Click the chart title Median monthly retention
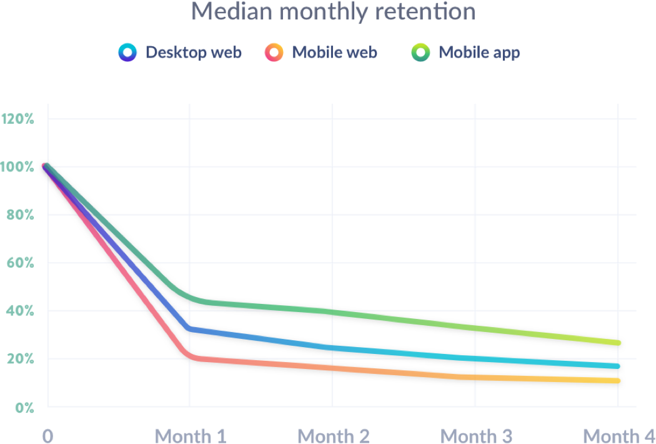(x=332, y=11)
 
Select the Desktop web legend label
(x=193, y=53)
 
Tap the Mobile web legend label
(x=334, y=53)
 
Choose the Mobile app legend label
(x=479, y=53)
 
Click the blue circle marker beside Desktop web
(x=127, y=53)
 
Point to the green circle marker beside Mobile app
(x=420, y=53)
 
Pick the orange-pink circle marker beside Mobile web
(x=274, y=53)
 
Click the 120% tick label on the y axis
(x=18, y=118)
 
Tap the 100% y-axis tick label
(x=18, y=166)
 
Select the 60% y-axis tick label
(x=19, y=263)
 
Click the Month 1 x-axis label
(x=190, y=435)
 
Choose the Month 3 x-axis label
(x=476, y=435)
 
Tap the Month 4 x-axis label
(x=619, y=435)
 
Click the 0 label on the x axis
(x=48, y=435)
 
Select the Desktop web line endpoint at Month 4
(x=618, y=366)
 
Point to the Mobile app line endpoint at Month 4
(x=618, y=343)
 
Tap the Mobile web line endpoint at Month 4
(x=618, y=380)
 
